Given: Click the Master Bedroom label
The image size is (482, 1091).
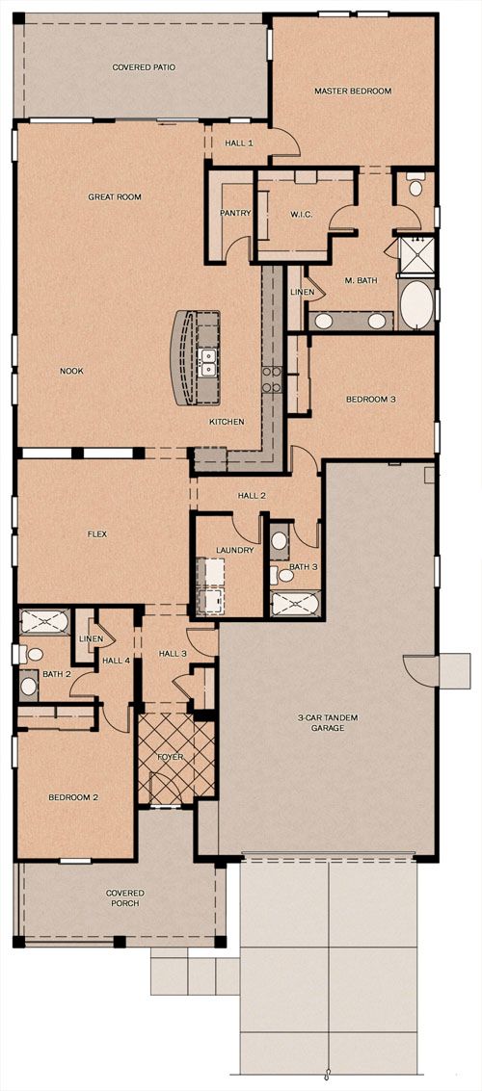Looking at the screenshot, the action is coord(353,91).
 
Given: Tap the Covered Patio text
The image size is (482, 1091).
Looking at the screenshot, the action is coord(144,67).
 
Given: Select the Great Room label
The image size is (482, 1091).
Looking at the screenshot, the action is coord(114,196).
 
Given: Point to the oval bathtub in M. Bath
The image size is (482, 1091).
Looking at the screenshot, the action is coord(416,304).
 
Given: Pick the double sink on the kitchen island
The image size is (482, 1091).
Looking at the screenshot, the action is coord(208,362).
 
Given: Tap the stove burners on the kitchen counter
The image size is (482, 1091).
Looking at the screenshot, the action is coord(271,379).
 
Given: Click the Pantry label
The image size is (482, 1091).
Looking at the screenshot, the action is coord(234,214).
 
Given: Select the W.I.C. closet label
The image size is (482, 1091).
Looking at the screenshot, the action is coord(301,214).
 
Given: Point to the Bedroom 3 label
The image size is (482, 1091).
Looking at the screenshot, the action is coord(371,400).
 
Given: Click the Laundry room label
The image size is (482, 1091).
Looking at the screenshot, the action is coord(234,551).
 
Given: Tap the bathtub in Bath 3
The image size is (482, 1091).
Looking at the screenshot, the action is coord(295,603).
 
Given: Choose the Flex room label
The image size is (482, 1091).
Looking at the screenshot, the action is coord(96,534).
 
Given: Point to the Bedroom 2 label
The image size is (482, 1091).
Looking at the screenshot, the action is coord(73,797).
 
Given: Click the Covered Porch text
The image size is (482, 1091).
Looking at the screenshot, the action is coord(125,898).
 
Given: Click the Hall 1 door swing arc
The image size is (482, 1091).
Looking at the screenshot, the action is coord(291,142).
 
